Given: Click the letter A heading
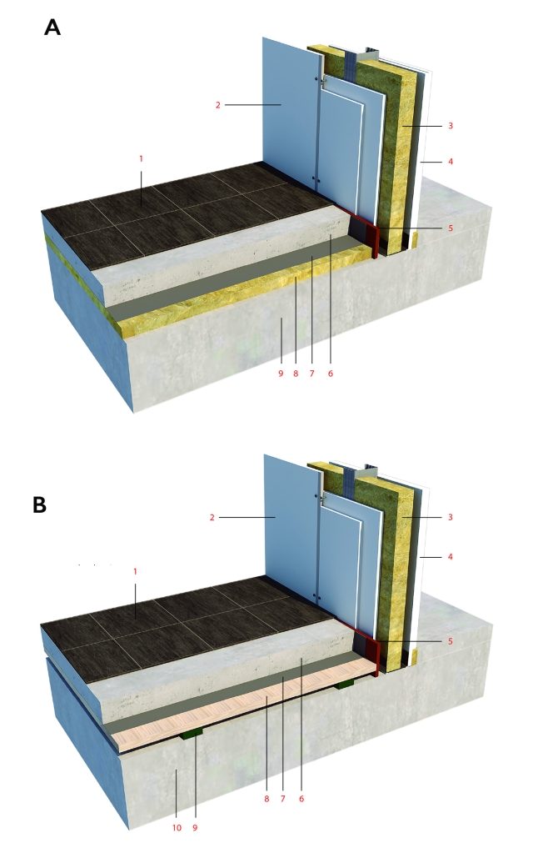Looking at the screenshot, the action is [x=52, y=27].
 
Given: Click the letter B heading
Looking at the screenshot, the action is [x=40, y=504].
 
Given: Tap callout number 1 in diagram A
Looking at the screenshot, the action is [x=141, y=159].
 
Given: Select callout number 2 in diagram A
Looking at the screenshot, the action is [x=217, y=104].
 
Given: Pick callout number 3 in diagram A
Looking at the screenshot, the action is [x=451, y=126].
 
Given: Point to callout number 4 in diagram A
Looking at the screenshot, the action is [x=451, y=162].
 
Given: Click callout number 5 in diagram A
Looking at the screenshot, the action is [x=451, y=228].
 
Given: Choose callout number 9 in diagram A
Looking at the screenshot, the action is [x=280, y=374].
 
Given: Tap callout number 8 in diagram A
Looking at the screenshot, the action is [x=296, y=374].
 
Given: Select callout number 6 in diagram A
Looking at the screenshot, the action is [x=331, y=374].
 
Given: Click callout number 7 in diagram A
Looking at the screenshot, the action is [x=311, y=374].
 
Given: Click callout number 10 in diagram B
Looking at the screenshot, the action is [x=177, y=827].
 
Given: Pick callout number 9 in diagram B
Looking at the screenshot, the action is [x=195, y=827].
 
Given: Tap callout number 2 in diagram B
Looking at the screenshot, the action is [x=212, y=517].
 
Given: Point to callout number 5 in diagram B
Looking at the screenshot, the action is [x=451, y=641].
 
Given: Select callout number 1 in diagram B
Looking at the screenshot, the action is [x=135, y=572].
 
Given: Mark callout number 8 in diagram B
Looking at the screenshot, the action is [x=266, y=799].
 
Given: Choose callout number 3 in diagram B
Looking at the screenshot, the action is [x=451, y=517].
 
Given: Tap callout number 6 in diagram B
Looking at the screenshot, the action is [x=301, y=799].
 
